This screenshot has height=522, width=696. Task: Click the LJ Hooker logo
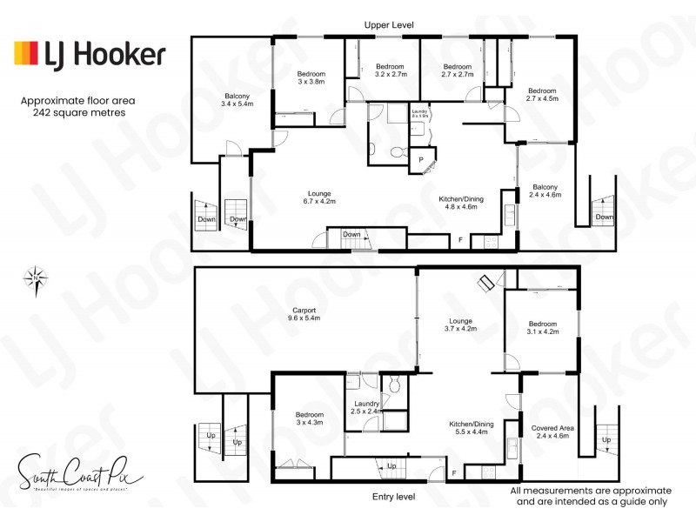tap(89, 55)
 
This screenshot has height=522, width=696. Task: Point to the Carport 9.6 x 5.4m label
tap(304, 314)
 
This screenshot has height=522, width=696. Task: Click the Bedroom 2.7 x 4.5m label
tap(542, 94)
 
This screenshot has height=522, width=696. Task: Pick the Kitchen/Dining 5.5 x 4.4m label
tap(471, 428)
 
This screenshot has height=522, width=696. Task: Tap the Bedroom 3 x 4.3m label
tap(308, 418)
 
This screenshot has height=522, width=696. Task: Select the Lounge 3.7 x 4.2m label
tap(459, 324)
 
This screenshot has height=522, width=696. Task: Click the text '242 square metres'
tap(78, 113)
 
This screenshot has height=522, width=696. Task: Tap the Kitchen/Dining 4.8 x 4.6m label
tap(461, 203)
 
